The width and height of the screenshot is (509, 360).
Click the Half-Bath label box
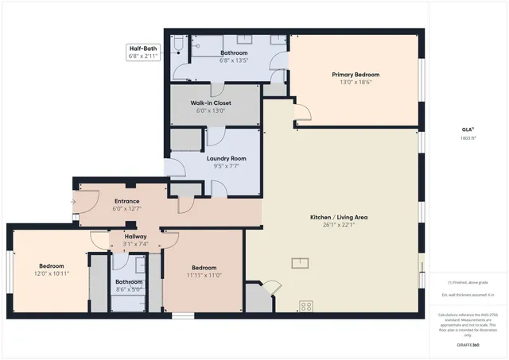point(143,52)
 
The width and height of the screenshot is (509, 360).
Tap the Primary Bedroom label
point(354,74)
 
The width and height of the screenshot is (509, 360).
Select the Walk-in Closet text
point(211,103)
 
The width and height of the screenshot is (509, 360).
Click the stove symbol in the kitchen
point(305,305)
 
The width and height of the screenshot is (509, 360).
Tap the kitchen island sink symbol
point(301,263)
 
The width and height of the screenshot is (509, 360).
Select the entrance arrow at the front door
point(72,202)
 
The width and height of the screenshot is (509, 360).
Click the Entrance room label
point(127,201)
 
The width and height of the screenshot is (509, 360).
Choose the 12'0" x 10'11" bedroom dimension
point(52,273)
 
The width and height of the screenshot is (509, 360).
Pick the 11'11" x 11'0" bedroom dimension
point(204,275)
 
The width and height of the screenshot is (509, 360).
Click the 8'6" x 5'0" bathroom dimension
point(129,289)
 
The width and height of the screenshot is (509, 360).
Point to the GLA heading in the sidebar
point(468,129)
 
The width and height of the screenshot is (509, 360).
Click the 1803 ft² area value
point(468,137)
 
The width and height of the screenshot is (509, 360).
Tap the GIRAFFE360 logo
point(468,346)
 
